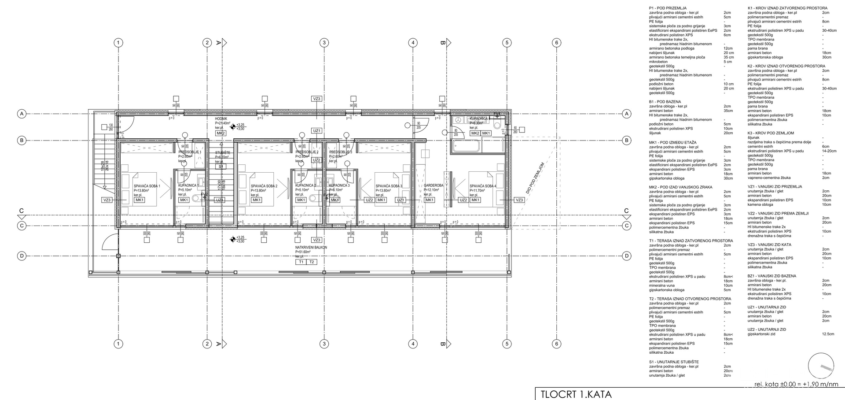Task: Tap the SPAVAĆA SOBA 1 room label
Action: pos(147,186)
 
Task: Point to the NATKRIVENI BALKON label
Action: pos(311,248)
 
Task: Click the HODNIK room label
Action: pos(221,119)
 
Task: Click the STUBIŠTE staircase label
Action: pos(222,152)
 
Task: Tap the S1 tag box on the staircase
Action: pos(221,167)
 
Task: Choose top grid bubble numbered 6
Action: pos(557,43)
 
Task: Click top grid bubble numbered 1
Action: pos(118,43)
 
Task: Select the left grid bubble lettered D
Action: pos(21,256)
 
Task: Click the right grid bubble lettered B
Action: pos(626,141)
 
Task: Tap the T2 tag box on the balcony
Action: pos(312,262)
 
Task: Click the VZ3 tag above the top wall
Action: pos(316,99)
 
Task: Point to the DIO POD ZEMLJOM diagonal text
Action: pos(535,178)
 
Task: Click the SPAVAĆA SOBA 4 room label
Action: pos(482,186)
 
